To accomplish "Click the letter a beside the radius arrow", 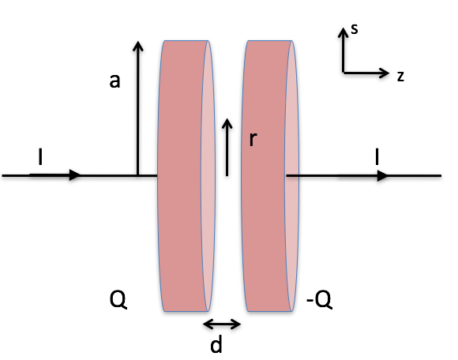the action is [114, 81].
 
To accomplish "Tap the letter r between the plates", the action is [253, 139].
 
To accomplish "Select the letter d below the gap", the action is [216, 343].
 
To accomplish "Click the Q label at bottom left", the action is [118, 299].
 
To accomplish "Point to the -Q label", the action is [319, 299].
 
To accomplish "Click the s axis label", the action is [355, 29].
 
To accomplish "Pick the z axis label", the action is [401, 76].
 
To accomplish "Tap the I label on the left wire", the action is [40, 156].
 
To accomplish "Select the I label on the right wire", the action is [377, 156].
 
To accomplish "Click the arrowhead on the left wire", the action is [75, 175].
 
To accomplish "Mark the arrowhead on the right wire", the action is [383, 176].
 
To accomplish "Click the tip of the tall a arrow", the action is [138, 42].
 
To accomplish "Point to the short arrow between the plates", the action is [227, 148].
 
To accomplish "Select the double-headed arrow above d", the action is [222, 324].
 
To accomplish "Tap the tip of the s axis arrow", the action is [343, 28].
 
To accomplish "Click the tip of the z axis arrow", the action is [389, 73].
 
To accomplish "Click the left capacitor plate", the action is [186, 176].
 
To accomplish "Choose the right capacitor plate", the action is [270, 176].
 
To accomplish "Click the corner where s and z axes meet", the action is [343, 73].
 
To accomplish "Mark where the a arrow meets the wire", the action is [138, 175].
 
